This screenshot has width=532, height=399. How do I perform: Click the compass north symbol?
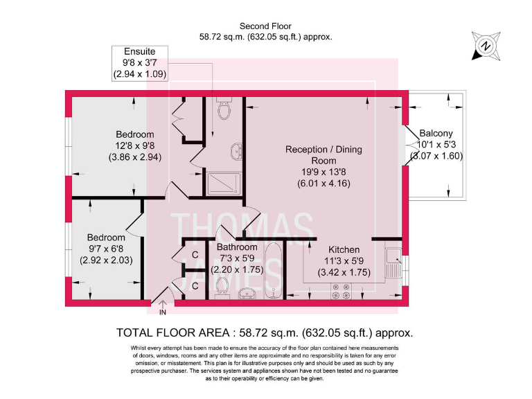point(486,46)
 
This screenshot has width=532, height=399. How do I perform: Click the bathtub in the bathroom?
point(274,272)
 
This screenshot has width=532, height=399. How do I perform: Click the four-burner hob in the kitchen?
point(342,295)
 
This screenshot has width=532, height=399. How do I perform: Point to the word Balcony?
point(436,134)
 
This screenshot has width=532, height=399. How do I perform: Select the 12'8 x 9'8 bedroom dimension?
point(135,145)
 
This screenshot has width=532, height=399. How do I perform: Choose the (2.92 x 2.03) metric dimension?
point(106,260)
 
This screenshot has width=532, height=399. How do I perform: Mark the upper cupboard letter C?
point(195,255)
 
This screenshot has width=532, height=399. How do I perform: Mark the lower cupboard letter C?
point(195,285)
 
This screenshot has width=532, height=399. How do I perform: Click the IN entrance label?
point(163,312)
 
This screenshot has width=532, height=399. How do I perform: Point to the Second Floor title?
point(265,26)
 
